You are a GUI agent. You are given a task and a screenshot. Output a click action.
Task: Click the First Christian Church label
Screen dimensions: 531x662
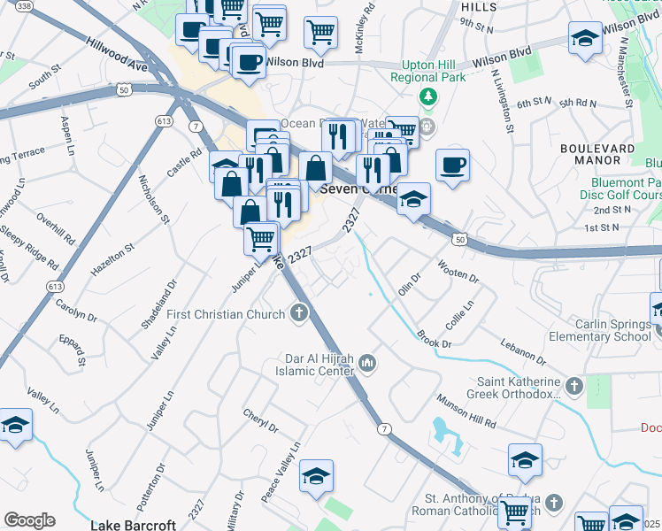click(226, 314)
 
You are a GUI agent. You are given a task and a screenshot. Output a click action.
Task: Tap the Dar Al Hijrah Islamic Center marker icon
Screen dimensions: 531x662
click(367, 363)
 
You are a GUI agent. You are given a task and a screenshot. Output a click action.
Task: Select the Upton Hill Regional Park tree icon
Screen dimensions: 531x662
click(429, 96)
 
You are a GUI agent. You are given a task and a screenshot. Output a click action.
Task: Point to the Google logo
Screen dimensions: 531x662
click(29, 520)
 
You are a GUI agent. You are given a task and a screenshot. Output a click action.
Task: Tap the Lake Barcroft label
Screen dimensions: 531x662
click(135, 525)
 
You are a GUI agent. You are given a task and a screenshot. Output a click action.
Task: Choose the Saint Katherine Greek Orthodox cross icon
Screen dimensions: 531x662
click(573, 386)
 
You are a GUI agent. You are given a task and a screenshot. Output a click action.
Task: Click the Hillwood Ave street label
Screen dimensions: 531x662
click(116, 53)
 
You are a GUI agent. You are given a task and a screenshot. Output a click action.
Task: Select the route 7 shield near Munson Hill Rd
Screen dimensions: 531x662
click(383, 429)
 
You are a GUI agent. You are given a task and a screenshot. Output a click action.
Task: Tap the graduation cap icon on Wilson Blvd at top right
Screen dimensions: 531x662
click(584, 39)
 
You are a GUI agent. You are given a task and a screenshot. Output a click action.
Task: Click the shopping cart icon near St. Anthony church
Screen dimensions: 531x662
click(514, 512)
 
